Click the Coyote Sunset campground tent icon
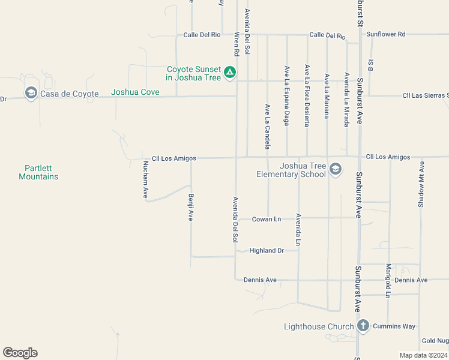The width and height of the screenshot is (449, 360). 229,73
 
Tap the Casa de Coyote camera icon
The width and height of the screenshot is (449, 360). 31,93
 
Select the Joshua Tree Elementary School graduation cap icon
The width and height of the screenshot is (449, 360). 336,170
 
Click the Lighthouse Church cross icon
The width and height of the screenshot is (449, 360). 363,326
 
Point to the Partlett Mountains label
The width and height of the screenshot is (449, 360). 38,173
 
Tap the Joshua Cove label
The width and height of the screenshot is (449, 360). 136,92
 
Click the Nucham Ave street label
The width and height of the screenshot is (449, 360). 145,179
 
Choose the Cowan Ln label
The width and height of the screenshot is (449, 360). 267,219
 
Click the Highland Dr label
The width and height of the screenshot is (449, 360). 267,251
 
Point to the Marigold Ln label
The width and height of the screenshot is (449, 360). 388,280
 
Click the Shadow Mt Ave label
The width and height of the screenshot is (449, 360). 421,184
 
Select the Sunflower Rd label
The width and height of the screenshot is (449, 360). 386,34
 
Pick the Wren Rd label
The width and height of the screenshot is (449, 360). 237,44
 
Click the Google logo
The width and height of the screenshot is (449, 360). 20,353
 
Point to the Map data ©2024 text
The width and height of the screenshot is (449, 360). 423,355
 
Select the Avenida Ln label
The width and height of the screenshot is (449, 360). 298,230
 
